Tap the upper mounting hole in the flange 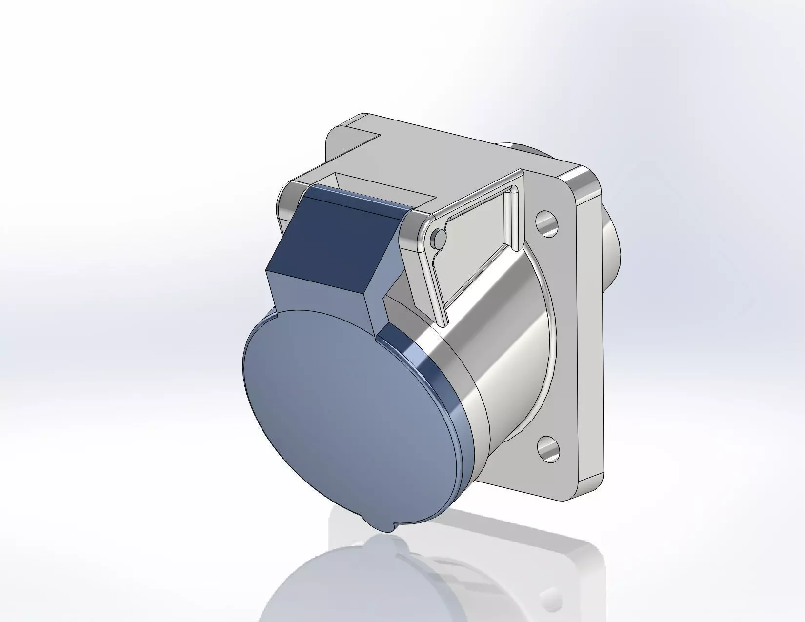pyautogui.click(x=547, y=223)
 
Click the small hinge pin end pyautogui.click(x=438, y=238)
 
